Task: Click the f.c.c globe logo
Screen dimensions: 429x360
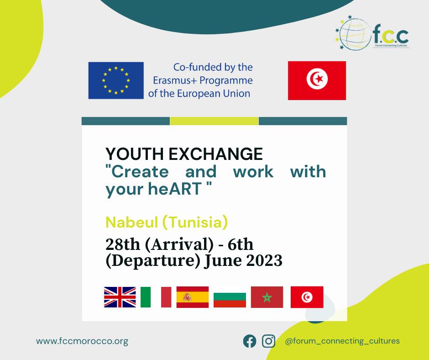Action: point(372,33)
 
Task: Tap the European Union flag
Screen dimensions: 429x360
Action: point(116,80)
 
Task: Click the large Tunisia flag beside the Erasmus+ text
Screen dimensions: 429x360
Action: point(317,80)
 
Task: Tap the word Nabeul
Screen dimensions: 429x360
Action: point(132,222)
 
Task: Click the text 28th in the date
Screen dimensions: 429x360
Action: point(123,244)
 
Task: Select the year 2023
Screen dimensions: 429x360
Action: point(264,260)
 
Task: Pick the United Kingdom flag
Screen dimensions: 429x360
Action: point(120,297)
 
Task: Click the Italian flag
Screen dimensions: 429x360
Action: point(156,297)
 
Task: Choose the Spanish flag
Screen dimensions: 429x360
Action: point(193,297)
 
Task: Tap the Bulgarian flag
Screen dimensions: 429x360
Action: point(230,300)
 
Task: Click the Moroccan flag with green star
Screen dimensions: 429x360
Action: point(267,297)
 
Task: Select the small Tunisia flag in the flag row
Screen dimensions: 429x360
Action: point(307,297)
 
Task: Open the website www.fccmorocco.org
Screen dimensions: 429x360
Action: point(82,341)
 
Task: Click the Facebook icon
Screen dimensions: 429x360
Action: point(250,341)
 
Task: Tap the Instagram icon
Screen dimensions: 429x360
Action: point(269,341)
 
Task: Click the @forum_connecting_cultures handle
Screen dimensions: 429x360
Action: point(342,341)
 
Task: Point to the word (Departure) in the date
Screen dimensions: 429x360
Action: point(153,260)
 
